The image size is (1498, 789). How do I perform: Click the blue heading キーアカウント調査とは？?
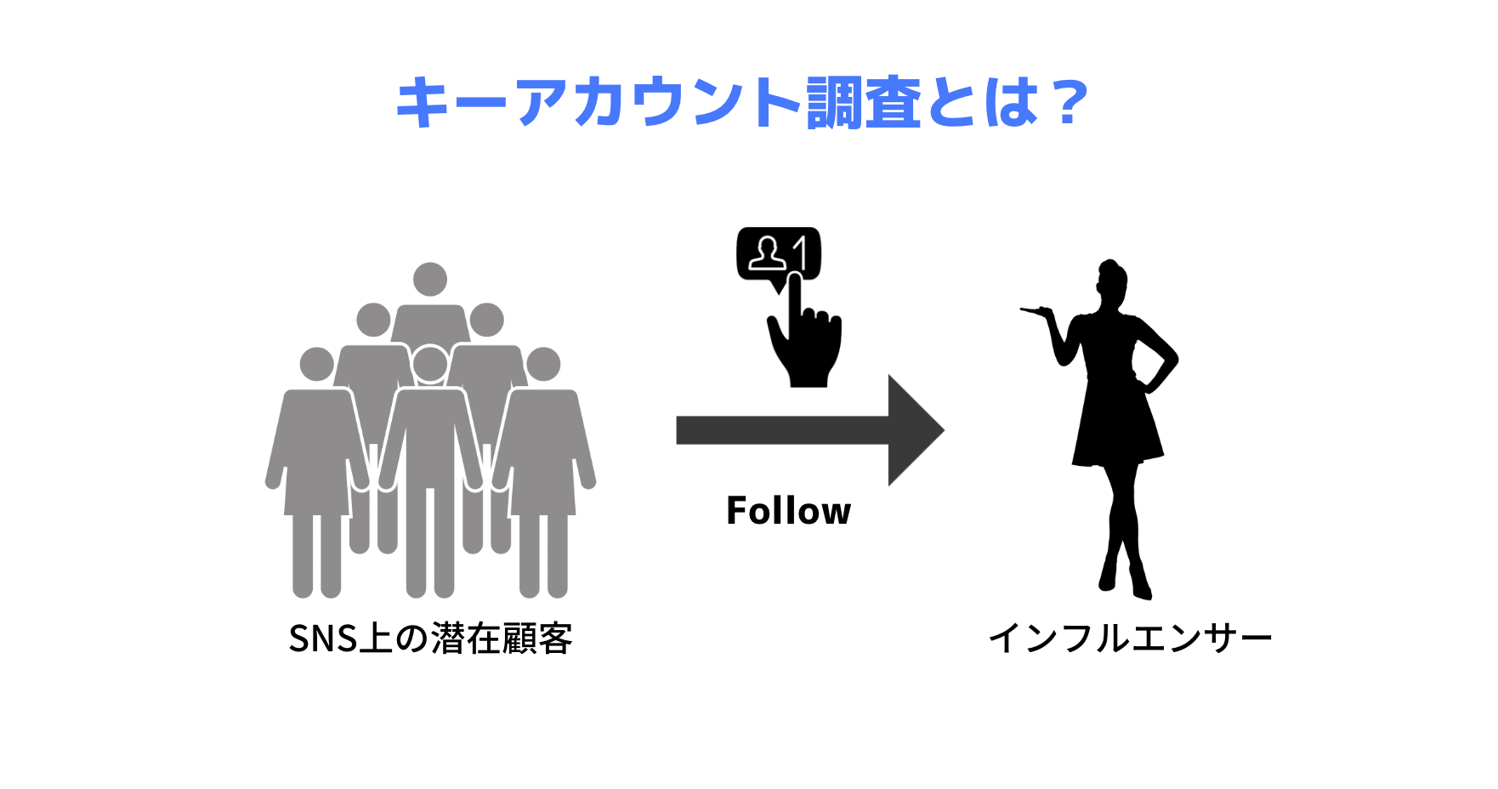[741, 102]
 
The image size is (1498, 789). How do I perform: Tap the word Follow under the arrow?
[788, 511]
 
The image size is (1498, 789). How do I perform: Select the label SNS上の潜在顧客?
[430, 639]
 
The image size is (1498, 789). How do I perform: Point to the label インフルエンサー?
[1130, 639]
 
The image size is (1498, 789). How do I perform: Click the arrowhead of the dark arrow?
[914, 430]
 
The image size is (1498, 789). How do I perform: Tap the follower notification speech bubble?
[778, 253]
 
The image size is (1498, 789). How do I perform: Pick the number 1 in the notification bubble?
[800, 253]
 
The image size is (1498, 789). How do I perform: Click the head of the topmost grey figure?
[430, 279]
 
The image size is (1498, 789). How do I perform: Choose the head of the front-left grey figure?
[317, 364]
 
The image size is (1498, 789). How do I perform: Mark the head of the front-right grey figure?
[543, 364]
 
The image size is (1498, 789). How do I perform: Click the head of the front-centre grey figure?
[430, 364]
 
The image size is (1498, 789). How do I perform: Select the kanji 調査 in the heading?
[864, 102]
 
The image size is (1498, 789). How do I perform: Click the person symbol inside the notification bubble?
[767, 253]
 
